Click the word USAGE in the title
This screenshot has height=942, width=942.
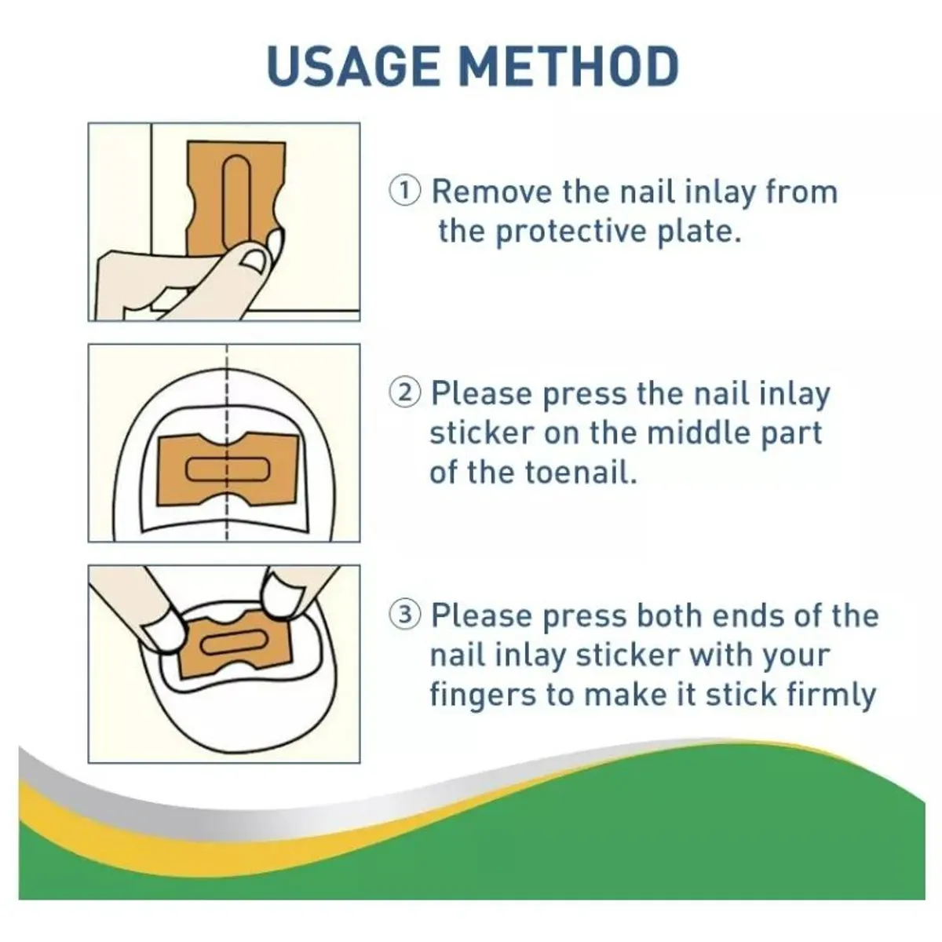pyautogui.click(x=353, y=66)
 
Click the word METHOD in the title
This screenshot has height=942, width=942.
pyautogui.click(x=569, y=66)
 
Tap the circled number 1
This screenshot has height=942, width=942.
pyautogui.click(x=404, y=192)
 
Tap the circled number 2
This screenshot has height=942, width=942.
pyautogui.click(x=404, y=393)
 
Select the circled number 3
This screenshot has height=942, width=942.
pyautogui.click(x=404, y=615)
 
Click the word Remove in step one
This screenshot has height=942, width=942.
pyautogui.click(x=491, y=192)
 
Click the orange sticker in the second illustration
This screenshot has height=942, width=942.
pyautogui.click(x=227, y=469)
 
